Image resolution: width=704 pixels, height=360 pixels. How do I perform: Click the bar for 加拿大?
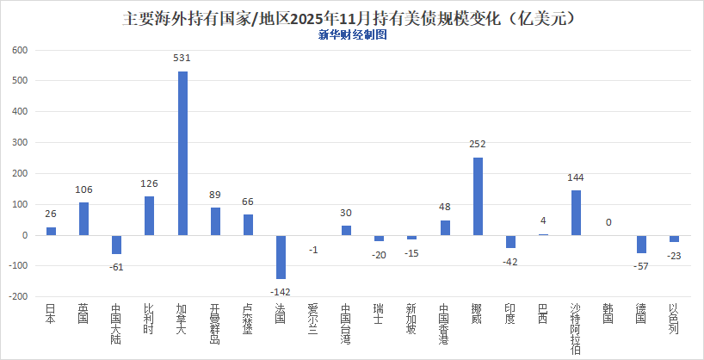pyautogui.click(x=182, y=153)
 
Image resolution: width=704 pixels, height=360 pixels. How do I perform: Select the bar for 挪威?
pyautogui.click(x=478, y=196)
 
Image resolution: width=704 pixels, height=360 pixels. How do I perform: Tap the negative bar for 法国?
pyautogui.click(x=281, y=257)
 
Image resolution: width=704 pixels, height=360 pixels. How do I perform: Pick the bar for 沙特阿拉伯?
pyautogui.click(x=576, y=213)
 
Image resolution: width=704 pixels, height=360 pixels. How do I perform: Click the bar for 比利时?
pyautogui.click(x=149, y=215)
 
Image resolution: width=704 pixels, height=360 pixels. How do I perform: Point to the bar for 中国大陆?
pyautogui.click(x=116, y=245)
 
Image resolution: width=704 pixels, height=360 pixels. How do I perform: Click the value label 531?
pyautogui.click(x=182, y=59)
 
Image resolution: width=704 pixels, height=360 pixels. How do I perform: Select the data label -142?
pyautogui.click(x=281, y=292)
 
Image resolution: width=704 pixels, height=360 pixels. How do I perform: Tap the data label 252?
pyautogui.click(x=478, y=145)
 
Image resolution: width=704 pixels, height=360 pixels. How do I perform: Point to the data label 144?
pyautogui.click(x=576, y=178)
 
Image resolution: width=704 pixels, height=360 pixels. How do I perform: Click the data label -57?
pyautogui.click(x=641, y=266)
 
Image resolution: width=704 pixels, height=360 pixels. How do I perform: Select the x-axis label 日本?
pyautogui.click(x=51, y=314)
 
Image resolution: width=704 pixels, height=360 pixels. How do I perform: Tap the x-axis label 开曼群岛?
pyautogui.click(x=215, y=322)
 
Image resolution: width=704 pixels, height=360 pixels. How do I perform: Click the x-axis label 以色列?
pyautogui.click(x=674, y=319)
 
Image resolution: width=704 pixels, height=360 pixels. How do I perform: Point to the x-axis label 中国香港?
pyautogui.click(x=445, y=323)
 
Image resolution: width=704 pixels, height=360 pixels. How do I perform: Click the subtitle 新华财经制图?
pyautogui.click(x=352, y=35)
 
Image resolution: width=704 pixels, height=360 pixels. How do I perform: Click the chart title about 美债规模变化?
pyautogui.click(x=351, y=17)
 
